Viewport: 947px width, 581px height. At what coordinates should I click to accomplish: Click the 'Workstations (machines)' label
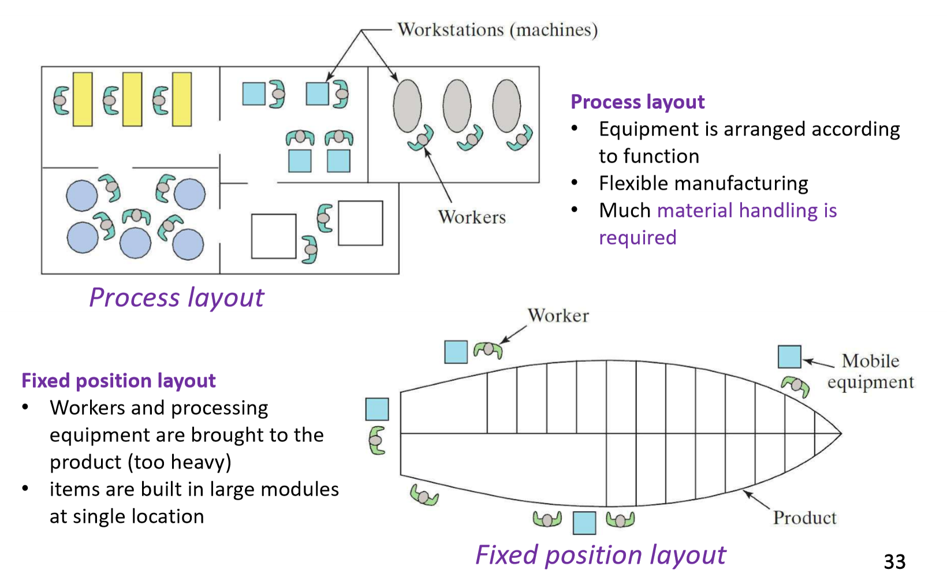coord(497,30)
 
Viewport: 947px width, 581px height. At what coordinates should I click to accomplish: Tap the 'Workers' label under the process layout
coord(472,217)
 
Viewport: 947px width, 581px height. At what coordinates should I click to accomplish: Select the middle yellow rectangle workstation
coord(132,99)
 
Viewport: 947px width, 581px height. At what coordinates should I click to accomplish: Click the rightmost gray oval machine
coord(506,106)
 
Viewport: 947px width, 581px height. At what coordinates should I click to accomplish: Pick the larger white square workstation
coord(360,223)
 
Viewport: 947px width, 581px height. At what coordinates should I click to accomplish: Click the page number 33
coord(894,561)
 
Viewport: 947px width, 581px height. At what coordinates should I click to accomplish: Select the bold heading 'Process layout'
coord(637,102)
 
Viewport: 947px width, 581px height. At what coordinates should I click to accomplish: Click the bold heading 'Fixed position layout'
coord(118,381)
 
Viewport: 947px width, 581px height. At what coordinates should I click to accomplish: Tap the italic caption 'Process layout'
coord(176,298)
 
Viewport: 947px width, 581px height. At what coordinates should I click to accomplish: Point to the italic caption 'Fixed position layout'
coord(600,555)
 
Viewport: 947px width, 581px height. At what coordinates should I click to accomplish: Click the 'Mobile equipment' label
coord(870,372)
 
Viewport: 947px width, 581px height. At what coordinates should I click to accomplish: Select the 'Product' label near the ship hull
coord(804,518)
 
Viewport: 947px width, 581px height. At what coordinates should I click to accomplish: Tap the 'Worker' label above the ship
coord(558,316)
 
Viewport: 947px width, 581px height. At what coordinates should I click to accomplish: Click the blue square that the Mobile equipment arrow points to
coord(789,357)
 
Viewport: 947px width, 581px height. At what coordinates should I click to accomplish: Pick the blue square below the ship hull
coord(584,523)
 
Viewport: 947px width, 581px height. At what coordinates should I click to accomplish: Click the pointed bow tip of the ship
coord(840,433)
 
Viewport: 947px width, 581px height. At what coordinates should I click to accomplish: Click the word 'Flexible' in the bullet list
coord(633,183)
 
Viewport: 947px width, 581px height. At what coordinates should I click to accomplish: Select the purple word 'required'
coord(637,238)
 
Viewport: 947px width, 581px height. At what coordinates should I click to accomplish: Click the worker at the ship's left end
coord(377,440)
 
